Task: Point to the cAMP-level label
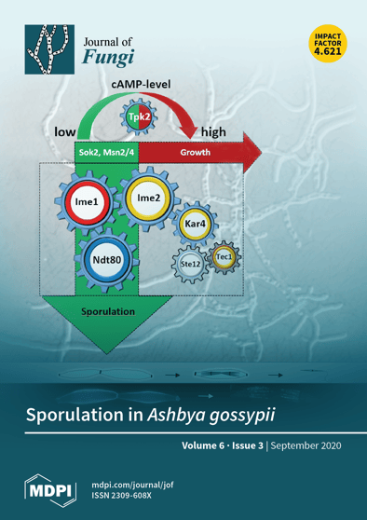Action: point(146,85)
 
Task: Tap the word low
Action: point(65,131)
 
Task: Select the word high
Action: point(211,132)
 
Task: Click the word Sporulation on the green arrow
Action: point(108,310)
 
